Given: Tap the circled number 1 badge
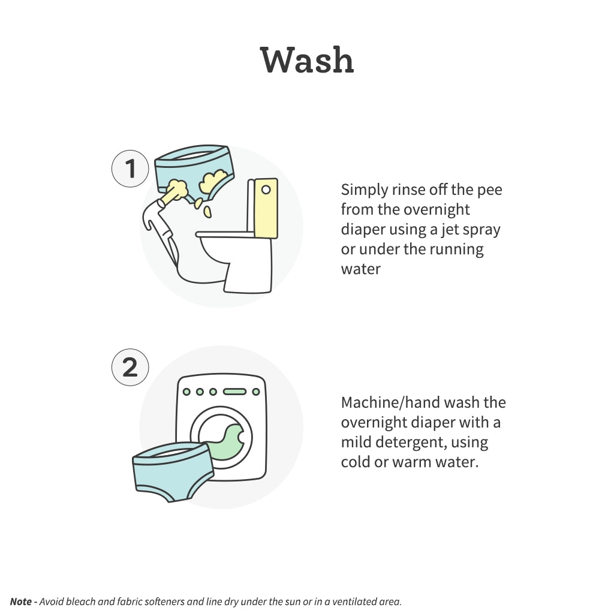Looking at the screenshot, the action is (130, 168).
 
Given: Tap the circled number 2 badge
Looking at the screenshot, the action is (130, 368).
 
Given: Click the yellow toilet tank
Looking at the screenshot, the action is (266, 208).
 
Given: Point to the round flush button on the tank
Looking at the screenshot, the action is (266, 190).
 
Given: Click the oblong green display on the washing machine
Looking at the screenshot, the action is (234, 392).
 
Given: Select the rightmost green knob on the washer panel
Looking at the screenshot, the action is (256, 392).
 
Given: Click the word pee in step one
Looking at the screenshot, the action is (489, 190).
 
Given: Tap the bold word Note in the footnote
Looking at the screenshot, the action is (21, 601).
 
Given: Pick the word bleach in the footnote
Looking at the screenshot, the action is (79, 601).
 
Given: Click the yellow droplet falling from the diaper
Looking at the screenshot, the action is (207, 212).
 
